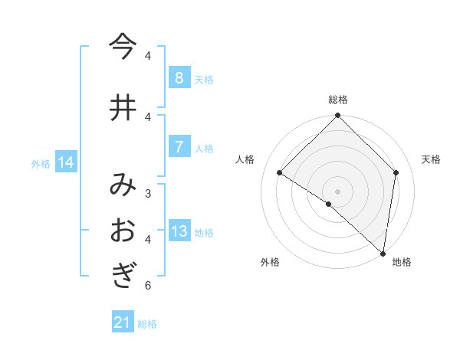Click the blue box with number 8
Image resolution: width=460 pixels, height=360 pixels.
click(x=179, y=78)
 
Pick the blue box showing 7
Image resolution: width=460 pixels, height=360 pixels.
click(x=179, y=147)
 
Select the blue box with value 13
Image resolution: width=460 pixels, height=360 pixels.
click(x=179, y=232)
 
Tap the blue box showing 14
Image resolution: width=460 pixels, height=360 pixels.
click(x=66, y=162)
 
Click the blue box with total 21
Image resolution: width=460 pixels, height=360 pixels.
click(x=123, y=322)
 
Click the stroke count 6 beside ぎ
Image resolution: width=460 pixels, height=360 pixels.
click(x=147, y=286)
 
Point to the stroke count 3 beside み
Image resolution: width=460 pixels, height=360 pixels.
click(x=147, y=193)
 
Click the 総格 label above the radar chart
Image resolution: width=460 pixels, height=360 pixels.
click(x=337, y=100)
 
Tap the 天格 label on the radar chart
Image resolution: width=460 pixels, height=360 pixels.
click(x=431, y=159)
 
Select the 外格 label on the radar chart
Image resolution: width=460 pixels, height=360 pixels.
click(x=270, y=263)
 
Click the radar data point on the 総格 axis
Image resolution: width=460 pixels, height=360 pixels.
click(x=337, y=116)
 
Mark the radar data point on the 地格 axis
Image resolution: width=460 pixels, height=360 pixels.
click(x=383, y=253)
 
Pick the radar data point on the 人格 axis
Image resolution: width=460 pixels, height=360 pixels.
click(x=280, y=172)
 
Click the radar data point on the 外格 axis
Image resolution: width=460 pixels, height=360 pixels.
click(x=329, y=204)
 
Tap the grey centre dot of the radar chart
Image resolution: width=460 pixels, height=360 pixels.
click(x=337, y=191)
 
